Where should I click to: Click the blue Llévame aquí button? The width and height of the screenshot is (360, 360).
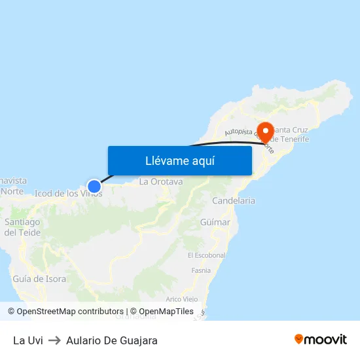pyautogui.click(x=179, y=160)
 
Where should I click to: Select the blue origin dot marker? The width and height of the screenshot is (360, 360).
pyautogui.click(x=94, y=186)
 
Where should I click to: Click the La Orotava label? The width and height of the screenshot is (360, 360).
pyautogui.click(x=160, y=181)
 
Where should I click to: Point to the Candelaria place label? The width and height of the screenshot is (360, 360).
pyautogui.click(x=234, y=201)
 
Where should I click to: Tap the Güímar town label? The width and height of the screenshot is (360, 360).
pyautogui.click(x=216, y=223)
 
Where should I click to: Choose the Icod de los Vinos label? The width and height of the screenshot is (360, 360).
pyautogui.click(x=67, y=193)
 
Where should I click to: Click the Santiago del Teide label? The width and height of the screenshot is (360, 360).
pyautogui.click(x=22, y=227)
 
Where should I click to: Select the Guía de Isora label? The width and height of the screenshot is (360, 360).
pyautogui.click(x=39, y=279)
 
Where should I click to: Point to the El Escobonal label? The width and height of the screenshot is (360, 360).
pyautogui.click(x=206, y=255)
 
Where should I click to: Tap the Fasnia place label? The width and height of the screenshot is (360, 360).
pyautogui.click(x=201, y=270)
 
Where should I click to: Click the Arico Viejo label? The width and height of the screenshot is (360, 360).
pyautogui.click(x=182, y=299)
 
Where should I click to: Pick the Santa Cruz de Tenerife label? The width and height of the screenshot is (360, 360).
pyautogui.click(x=289, y=134)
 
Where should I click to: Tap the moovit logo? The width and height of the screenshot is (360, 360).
pyautogui.click(x=320, y=339)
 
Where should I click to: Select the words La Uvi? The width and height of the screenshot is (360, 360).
pyautogui.click(x=27, y=340)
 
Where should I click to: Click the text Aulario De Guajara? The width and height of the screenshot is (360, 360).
pyautogui.click(x=112, y=340)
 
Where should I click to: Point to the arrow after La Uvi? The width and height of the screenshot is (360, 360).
pyautogui.click(x=54, y=340)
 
